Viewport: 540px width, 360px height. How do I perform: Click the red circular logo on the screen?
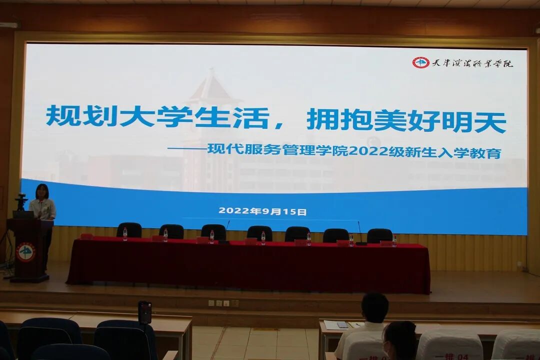click(x=420, y=62)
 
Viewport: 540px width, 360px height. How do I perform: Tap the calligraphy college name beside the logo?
click(x=472, y=63)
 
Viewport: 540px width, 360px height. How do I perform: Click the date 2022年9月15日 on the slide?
click(x=262, y=211)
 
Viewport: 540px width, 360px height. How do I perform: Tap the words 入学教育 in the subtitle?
click(x=472, y=153)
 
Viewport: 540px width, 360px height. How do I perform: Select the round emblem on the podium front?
click(x=26, y=252)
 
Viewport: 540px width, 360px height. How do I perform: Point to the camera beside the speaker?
click(x=21, y=201)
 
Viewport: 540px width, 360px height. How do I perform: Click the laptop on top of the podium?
click(x=23, y=214)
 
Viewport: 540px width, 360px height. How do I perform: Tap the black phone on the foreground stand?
click(x=144, y=312)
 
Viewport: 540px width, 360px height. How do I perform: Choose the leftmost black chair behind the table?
click(x=129, y=229)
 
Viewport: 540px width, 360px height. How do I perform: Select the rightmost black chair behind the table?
click(x=379, y=235)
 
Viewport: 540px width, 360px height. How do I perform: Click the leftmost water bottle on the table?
click(x=125, y=233)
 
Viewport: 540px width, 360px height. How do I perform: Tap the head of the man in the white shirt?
click(x=375, y=307)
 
